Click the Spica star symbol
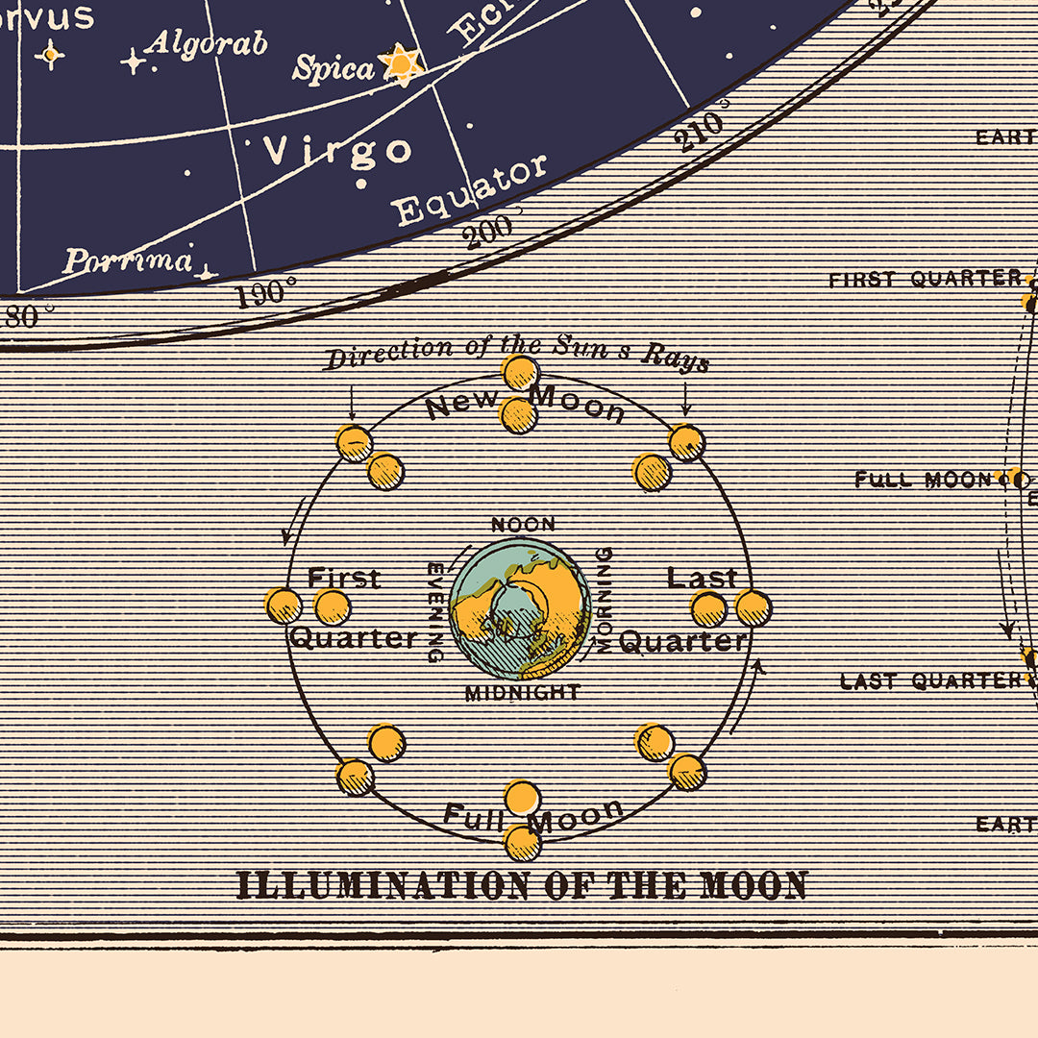click(x=400, y=63)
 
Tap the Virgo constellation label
click(x=337, y=151)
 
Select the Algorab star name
click(x=206, y=43)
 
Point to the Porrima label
click(x=128, y=260)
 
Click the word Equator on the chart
click(x=470, y=189)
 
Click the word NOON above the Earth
click(x=523, y=525)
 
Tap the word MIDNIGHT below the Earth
click(x=523, y=692)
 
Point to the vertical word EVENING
click(x=434, y=612)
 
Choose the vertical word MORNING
click(x=605, y=601)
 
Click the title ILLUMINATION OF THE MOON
click(x=522, y=885)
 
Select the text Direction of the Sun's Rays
click(x=517, y=354)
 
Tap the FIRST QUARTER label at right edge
click(x=925, y=280)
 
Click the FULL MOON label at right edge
click(x=923, y=480)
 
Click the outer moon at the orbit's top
click(x=520, y=372)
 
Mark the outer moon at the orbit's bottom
click(x=522, y=842)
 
